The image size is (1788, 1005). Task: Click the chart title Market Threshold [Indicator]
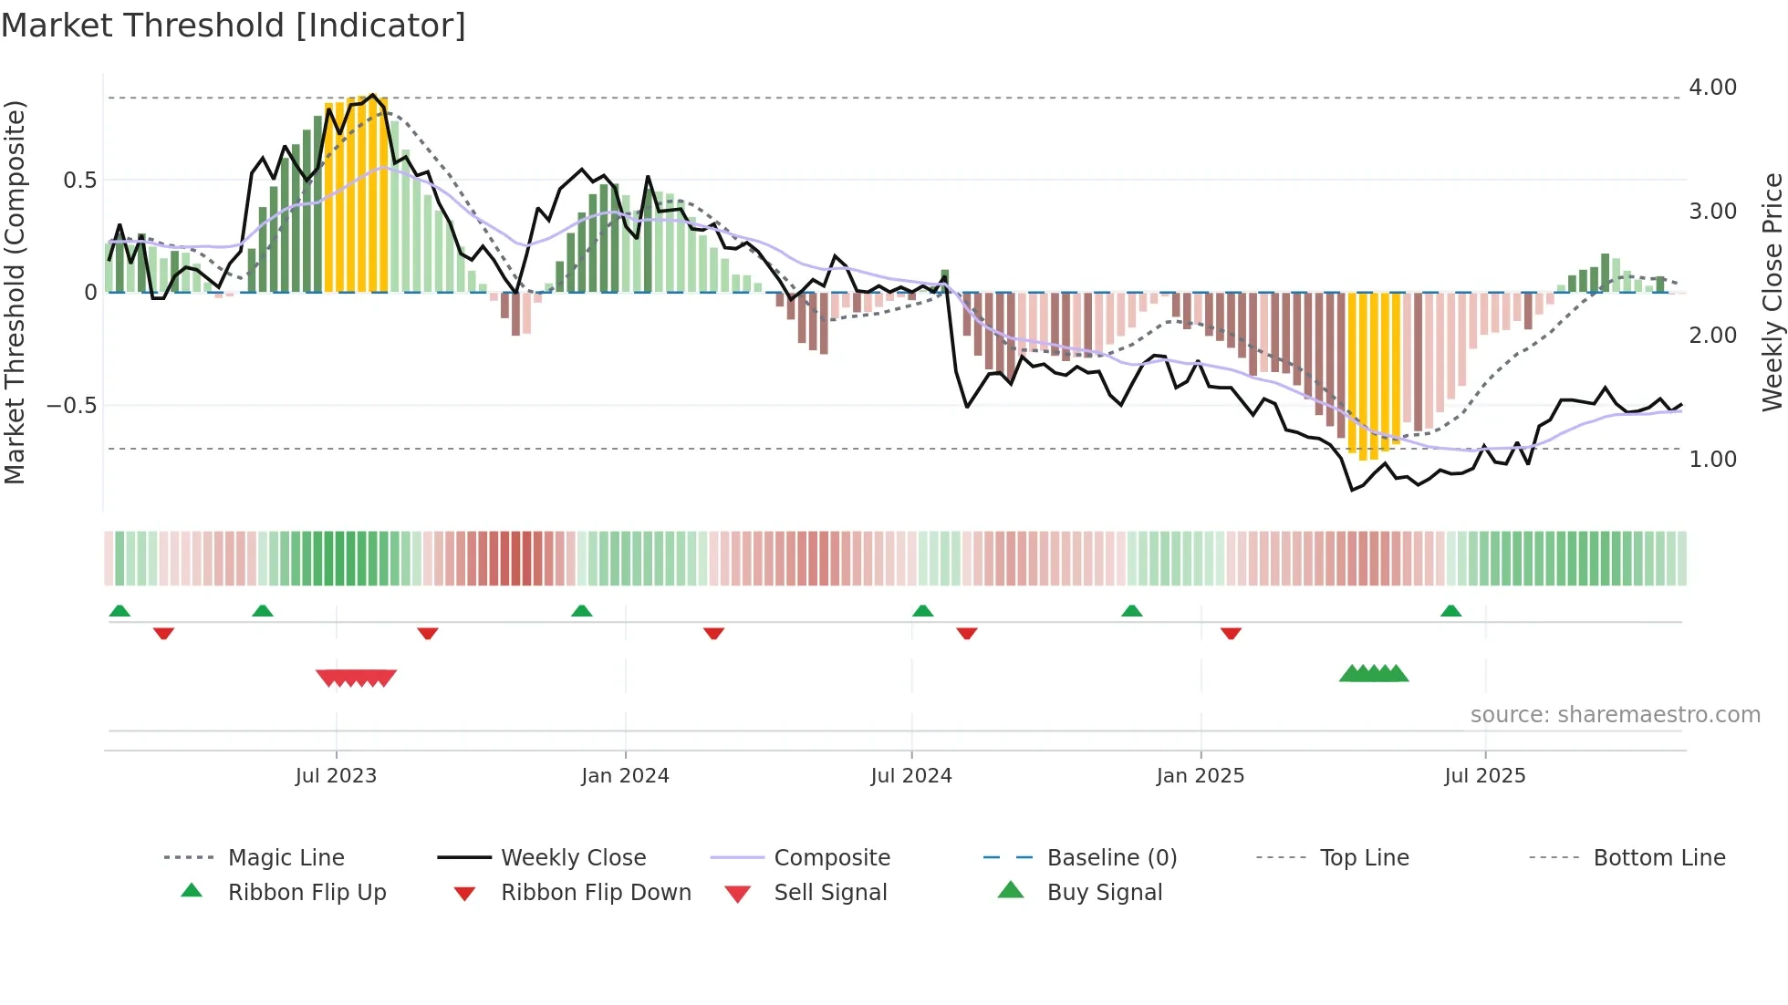[234, 26]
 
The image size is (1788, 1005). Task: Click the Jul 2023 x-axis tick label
[336, 776]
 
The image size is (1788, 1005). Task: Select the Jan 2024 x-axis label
[625, 776]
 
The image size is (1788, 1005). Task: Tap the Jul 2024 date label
[911, 776]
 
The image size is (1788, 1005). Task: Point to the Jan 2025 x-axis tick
[1200, 776]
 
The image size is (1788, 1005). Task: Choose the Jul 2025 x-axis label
[1484, 776]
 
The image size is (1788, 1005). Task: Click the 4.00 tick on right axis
[1712, 88]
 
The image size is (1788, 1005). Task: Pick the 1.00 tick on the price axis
[1712, 460]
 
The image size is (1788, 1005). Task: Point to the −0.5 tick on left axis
[71, 406]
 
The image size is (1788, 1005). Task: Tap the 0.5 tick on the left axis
[80, 181]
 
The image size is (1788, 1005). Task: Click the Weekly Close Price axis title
[1772, 292]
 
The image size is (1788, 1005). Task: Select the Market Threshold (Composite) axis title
[15, 292]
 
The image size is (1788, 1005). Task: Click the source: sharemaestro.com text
[1615, 715]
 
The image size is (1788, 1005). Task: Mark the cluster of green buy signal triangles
[1374, 674]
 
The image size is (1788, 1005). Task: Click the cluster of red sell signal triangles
[356, 678]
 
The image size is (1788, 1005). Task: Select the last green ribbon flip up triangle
[1450, 611]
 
